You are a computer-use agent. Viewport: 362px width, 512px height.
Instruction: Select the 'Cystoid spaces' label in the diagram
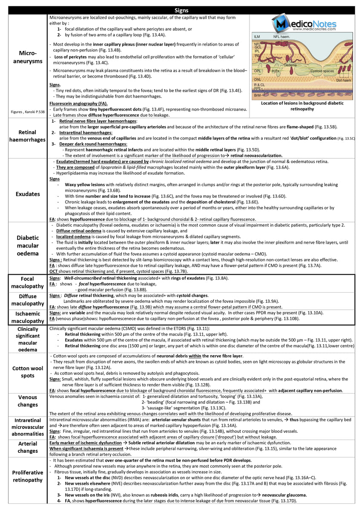point(322,71)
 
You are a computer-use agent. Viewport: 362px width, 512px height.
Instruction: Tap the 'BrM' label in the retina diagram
point(258,95)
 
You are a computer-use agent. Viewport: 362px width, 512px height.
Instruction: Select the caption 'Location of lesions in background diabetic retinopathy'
point(302,106)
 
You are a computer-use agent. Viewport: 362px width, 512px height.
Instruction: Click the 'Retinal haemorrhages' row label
point(27,135)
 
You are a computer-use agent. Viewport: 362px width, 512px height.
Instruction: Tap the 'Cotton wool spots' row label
point(27,372)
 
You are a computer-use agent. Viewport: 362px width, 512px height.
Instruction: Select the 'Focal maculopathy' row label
point(27,283)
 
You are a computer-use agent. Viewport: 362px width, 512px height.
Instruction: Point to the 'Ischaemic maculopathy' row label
point(27,317)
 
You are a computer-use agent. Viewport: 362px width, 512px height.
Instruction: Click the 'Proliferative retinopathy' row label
point(27,476)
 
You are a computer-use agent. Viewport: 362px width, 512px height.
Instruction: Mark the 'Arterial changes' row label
point(27,447)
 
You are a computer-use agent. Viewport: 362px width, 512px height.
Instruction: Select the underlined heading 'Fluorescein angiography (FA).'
point(78,104)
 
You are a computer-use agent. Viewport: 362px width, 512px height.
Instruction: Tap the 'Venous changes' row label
point(27,401)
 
